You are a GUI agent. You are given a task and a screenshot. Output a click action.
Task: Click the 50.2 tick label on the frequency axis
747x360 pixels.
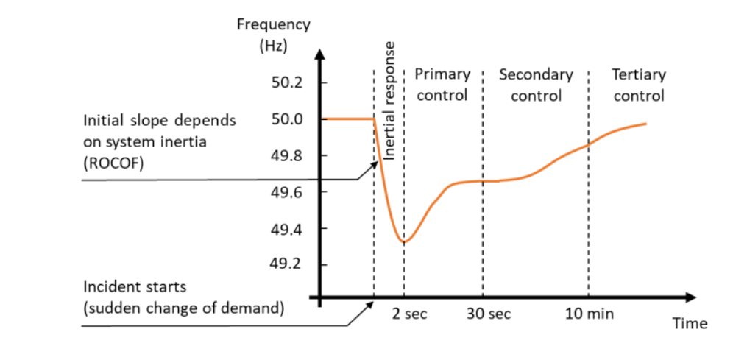pos(287,82)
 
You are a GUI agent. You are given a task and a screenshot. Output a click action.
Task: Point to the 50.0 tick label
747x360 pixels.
pos(287,119)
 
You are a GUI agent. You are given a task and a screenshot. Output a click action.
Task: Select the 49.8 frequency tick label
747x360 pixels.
pos(287,156)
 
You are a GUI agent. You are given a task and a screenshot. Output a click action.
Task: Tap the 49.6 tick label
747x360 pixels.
pos(287,192)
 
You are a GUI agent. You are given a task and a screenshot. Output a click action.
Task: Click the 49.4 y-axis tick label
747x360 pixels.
pos(287,229)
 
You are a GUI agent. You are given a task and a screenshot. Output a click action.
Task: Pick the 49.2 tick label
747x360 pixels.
pos(287,264)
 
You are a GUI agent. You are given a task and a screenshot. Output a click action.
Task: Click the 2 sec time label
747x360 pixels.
pos(409,314)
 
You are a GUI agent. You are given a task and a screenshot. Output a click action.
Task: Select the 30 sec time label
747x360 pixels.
pos(489,314)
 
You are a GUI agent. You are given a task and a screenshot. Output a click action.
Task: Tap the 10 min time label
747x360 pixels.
pos(589,314)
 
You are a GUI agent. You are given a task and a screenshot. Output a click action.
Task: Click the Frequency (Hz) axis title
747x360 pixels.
pos(274,35)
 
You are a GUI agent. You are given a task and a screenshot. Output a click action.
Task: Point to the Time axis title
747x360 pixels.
pos(690,324)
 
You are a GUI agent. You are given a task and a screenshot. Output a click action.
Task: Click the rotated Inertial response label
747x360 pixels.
pos(391,99)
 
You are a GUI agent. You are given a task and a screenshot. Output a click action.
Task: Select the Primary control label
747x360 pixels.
pos(442,85)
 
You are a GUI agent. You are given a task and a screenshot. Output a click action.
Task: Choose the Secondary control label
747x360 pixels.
pos(536,85)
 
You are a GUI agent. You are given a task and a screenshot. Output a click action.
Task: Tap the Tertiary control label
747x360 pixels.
pos(639,85)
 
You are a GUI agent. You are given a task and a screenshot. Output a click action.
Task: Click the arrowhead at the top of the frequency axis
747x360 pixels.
pos(319,54)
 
